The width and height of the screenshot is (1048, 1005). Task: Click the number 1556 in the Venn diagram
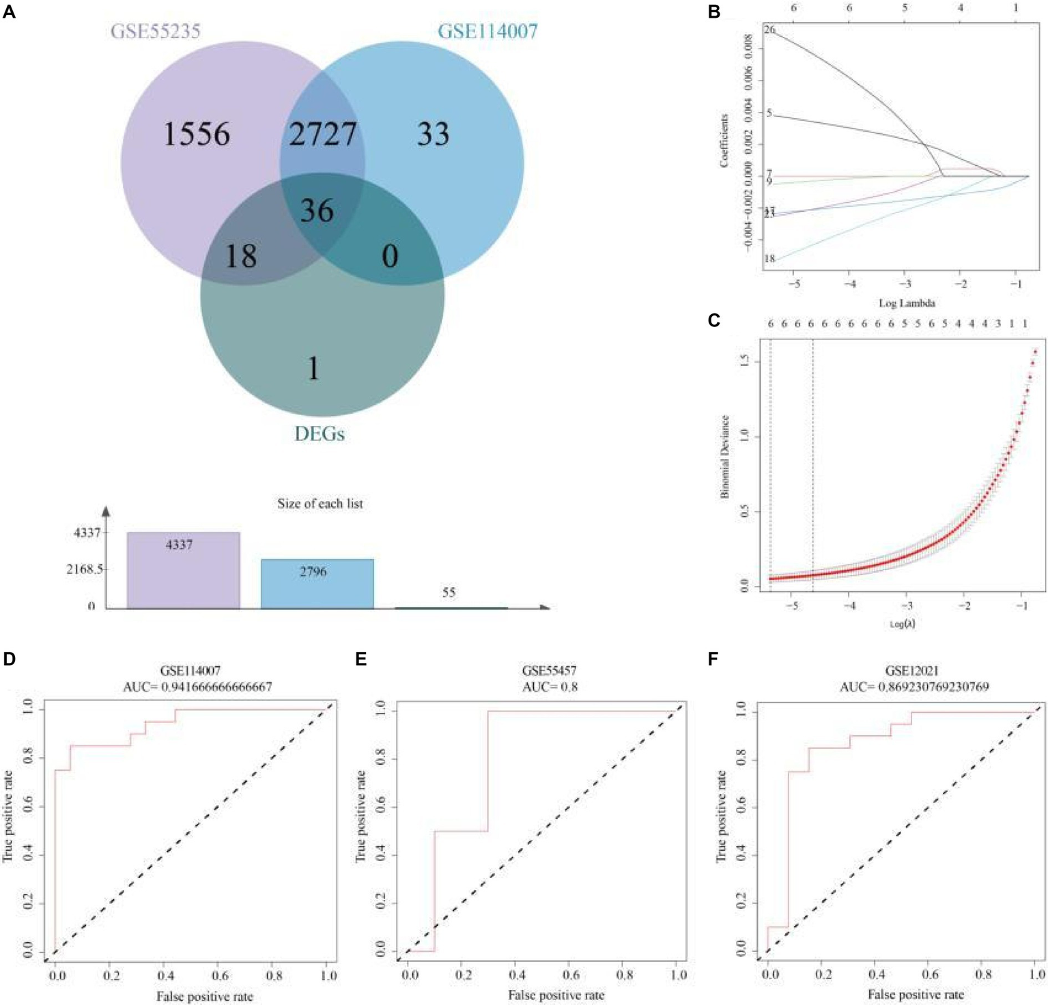(x=197, y=135)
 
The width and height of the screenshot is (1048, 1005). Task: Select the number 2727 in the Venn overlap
(x=322, y=135)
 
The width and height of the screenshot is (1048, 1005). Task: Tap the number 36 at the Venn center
(x=317, y=211)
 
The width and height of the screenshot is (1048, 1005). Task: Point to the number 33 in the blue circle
(x=434, y=135)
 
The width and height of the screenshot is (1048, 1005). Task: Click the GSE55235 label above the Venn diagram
(x=156, y=31)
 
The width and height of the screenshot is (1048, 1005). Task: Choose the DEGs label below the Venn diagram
(x=320, y=434)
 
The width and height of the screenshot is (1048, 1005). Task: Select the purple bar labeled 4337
(x=183, y=569)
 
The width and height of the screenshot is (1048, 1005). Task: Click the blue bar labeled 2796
(x=317, y=583)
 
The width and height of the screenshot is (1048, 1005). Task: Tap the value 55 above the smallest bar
(x=449, y=593)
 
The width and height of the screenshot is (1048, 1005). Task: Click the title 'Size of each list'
(x=320, y=504)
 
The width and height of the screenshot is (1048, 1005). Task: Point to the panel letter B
(x=714, y=12)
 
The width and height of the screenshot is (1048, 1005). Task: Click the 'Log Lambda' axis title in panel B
(x=907, y=302)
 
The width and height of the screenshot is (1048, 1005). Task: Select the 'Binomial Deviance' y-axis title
(x=725, y=457)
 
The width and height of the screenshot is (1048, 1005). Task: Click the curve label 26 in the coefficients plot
(x=769, y=30)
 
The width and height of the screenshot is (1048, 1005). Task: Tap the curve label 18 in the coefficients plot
(x=769, y=259)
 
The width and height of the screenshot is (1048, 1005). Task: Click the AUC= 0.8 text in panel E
(x=550, y=687)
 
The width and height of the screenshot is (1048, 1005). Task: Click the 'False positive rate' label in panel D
(x=204, y=997)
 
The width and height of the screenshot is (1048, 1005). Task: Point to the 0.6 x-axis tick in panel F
(x=929, y=974)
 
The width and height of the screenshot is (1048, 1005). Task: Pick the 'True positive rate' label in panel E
(x=361, y=817)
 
